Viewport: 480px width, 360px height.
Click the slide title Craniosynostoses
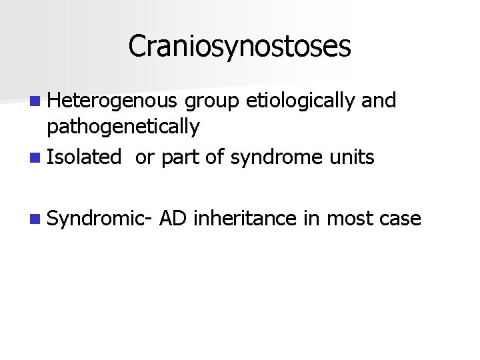(x=239, y=46)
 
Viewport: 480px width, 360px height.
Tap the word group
(x=213, y=101)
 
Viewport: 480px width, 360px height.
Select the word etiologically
(x=301, y=101)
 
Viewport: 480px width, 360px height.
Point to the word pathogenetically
(x=123, y=126)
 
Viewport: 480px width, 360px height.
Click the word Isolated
(x=85, y=157)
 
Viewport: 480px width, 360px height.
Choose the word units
(x=353, y=157)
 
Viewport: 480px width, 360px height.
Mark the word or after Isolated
(x=144, y=159)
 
